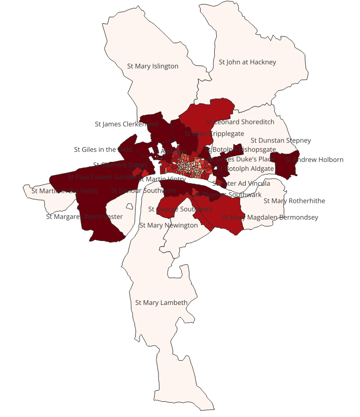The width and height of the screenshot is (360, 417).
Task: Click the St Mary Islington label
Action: point(152,66)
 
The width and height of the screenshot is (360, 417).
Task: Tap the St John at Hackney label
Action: point(247,62)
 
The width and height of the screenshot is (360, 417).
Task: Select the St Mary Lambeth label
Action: point(161,303)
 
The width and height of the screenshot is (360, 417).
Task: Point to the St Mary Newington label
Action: point(169,225)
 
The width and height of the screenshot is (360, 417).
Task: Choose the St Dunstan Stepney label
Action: point(281,141)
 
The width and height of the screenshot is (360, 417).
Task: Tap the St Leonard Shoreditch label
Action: point(240,122)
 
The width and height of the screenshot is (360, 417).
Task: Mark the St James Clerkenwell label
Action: point(127,124)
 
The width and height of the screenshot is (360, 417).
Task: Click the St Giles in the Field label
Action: point(103,150)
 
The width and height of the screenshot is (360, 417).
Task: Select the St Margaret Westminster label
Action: point(84,217)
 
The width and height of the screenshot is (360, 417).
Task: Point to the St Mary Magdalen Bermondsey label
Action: point(270,218)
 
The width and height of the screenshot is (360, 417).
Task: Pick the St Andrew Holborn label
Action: point(314,160)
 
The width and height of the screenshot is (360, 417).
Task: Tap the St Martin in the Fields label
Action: point(64,191)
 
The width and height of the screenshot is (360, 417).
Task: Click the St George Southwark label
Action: point(181,209)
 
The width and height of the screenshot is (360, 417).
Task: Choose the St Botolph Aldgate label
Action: point(245,168)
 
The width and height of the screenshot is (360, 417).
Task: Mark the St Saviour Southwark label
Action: point(144,191)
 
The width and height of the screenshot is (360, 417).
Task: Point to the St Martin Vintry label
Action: point(162,179)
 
